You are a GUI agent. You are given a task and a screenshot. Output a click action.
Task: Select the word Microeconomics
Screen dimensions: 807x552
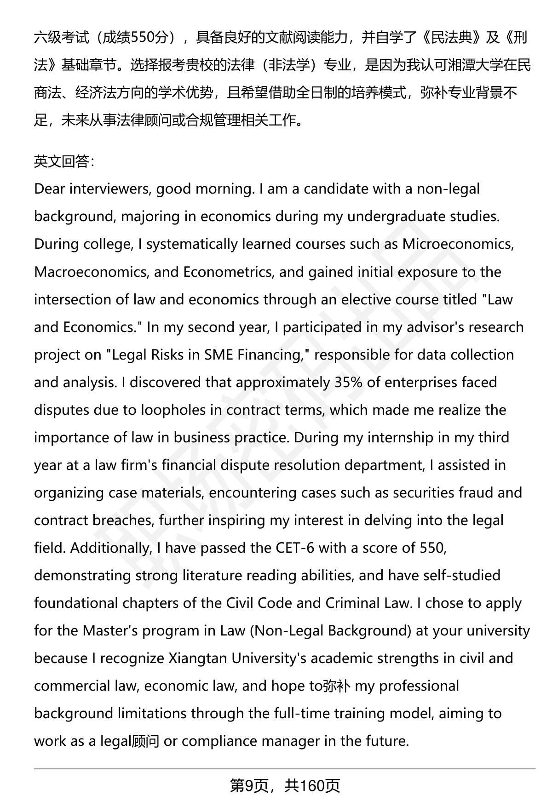click(x=457, y=244)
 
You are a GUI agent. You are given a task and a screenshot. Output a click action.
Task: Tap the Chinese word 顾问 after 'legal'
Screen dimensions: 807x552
click(x=146, y=741)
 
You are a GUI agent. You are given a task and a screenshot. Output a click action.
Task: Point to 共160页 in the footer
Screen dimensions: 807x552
click(x=312, y=786)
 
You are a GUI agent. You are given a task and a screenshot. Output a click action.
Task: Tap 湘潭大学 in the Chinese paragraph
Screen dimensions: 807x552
click(x=476, y=65)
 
